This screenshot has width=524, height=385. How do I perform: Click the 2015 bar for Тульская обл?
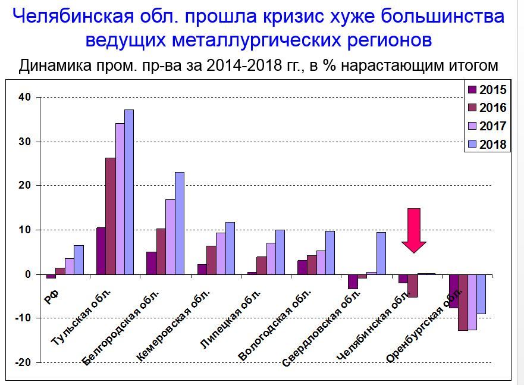tap(101, 251)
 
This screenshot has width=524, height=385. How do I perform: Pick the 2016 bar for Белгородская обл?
tap(161, 251)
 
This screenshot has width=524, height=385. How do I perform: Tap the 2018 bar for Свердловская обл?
tap(381, 253)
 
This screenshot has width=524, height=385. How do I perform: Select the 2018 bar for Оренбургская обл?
tap(481, 294)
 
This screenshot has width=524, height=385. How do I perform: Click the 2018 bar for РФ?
tap(79, 259)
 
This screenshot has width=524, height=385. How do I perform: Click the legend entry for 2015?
tap(488, 90)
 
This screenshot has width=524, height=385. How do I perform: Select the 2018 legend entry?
tap(488, 144)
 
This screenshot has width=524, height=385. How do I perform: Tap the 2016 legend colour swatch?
tap(473, 108)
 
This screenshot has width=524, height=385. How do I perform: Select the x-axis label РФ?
tap(52, 296)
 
